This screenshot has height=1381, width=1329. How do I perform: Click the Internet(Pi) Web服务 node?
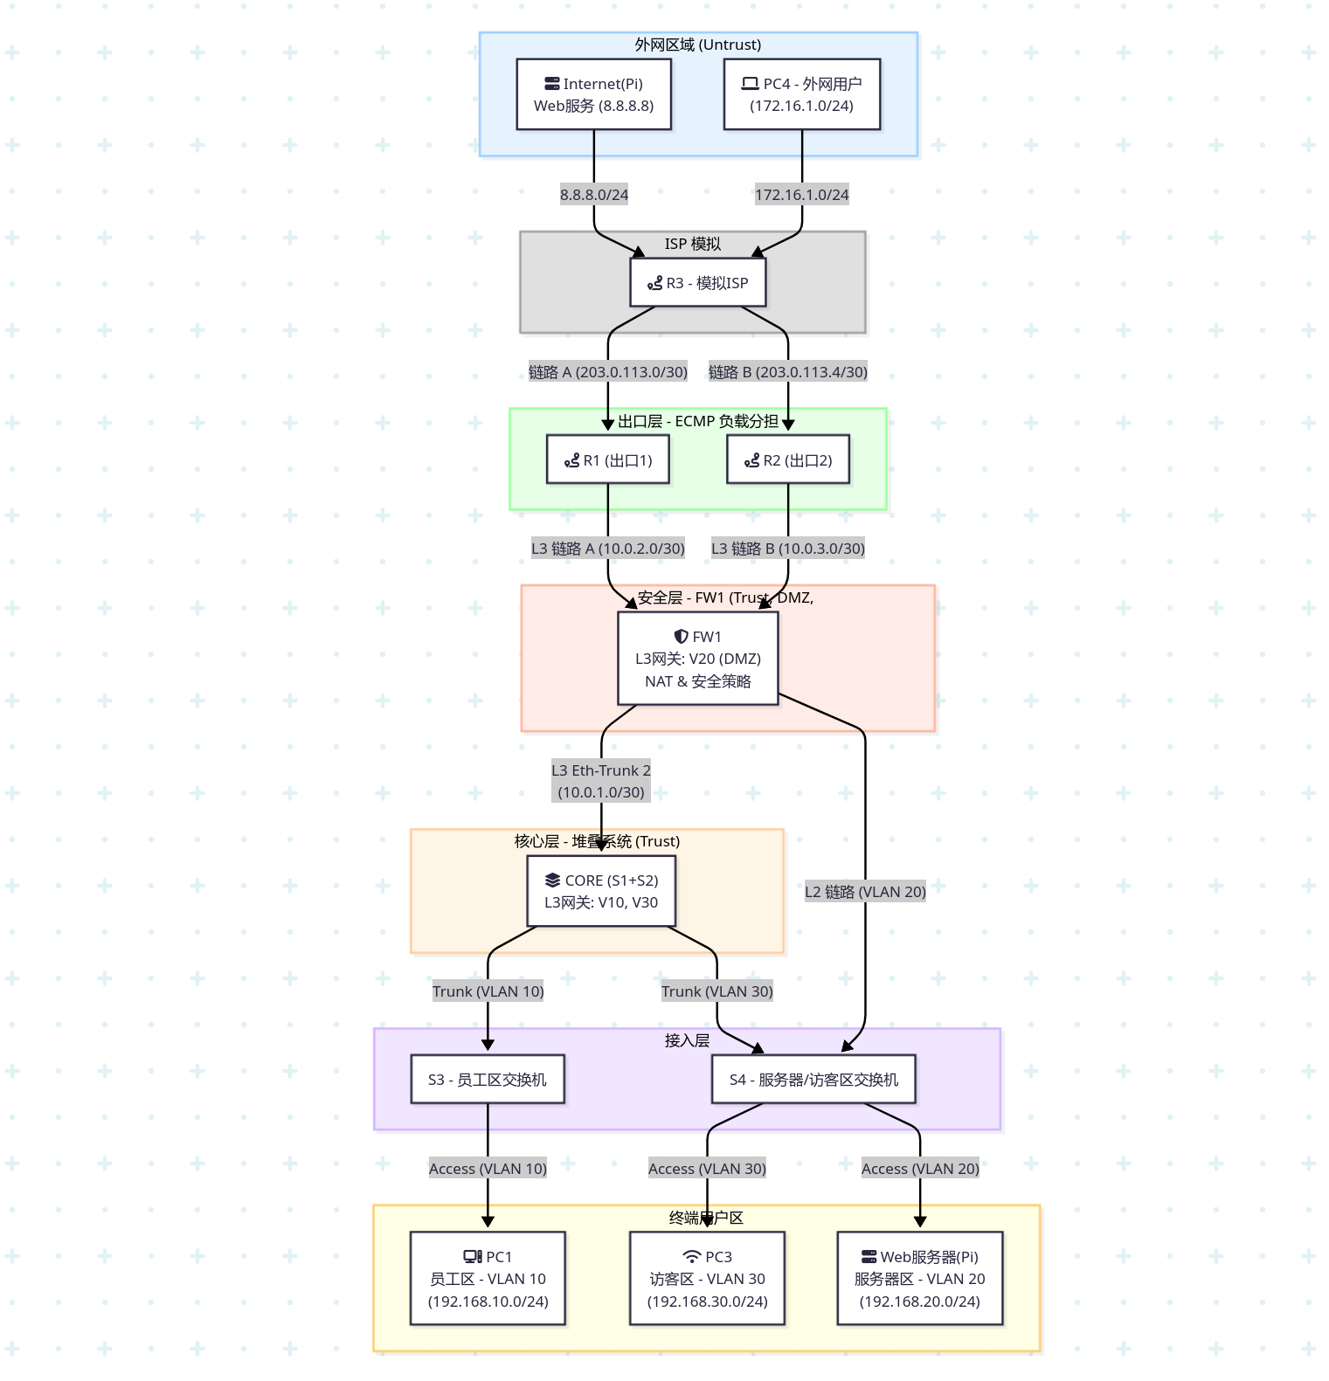coord(593,94)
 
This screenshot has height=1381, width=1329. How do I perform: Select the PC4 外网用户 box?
coord(801,94)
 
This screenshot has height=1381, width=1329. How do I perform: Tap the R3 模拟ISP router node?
coord(697,282)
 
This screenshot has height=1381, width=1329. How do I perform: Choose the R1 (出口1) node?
coord(607,459)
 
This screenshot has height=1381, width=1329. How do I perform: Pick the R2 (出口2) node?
coord(787,459)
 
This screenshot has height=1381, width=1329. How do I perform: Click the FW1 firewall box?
coord(697,659)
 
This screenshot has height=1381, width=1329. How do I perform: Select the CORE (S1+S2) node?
coord(601,891)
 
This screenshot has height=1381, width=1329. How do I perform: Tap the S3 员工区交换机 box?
coord(487,1080)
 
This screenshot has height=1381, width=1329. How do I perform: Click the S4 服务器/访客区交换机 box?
coord(813,1080)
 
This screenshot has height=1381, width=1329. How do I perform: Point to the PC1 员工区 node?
coord(488,1279)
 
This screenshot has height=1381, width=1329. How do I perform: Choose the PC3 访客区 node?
coord(707,1279)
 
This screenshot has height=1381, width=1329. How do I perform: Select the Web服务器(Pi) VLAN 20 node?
coord(919,1279)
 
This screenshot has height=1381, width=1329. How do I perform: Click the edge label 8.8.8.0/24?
coord(594,195)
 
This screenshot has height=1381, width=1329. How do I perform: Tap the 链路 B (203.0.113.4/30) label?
coord(787,372)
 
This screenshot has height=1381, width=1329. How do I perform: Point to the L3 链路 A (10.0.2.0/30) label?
coord(607,549)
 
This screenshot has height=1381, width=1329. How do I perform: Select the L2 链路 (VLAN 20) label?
coord(865,892)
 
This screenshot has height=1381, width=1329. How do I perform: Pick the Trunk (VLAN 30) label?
coord(716,991)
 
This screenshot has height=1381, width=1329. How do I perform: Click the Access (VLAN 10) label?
coord(488,1169)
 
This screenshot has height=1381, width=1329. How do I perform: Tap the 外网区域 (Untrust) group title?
coord(697,45)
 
